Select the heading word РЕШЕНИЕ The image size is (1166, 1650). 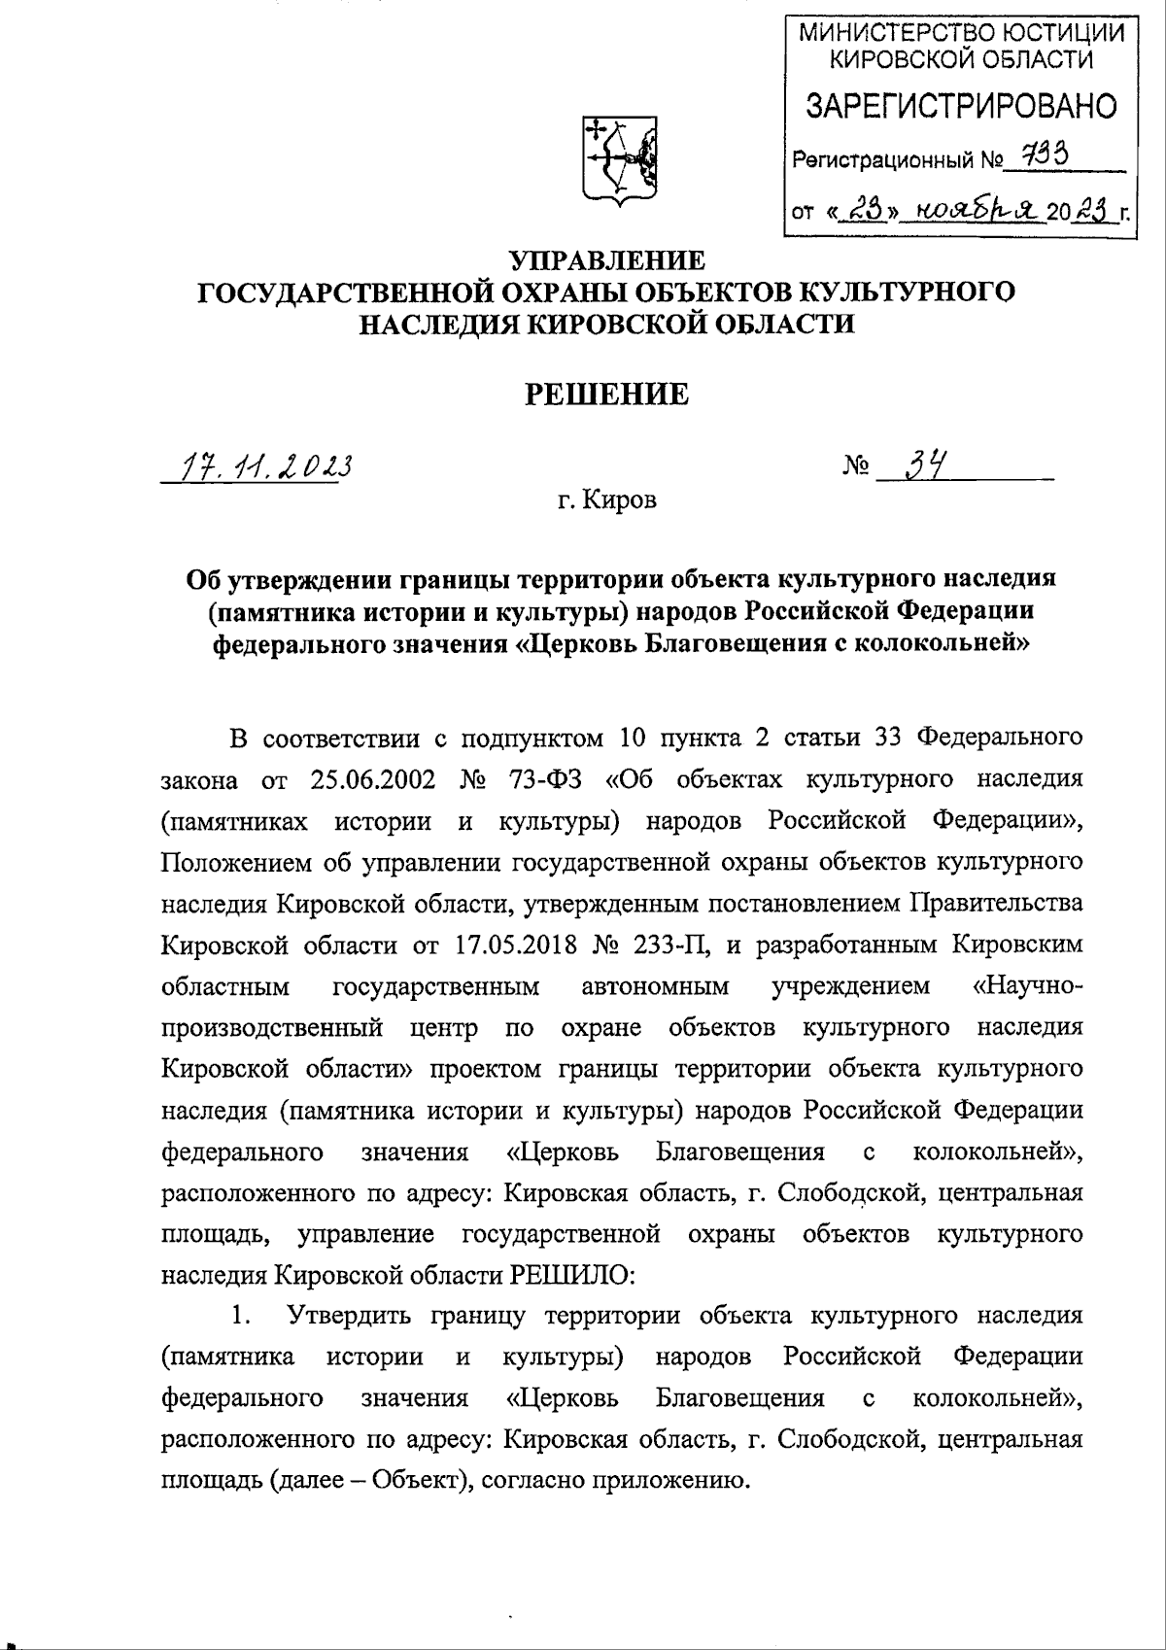coord(607,394)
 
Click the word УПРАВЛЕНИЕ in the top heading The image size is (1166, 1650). coord(607,260)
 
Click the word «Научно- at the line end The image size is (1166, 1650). coord(1028,985)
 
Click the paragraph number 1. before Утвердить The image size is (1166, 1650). coord(242,1316)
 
